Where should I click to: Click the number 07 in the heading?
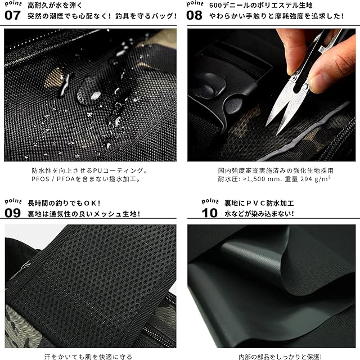pyautogui.click(x=12, y=15)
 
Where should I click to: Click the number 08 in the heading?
pyautogui.click(x=194, y=15)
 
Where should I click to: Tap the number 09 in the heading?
pyautogui.click(x=12, y=213)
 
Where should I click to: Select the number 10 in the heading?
pyautogui.click(x=210, y=213)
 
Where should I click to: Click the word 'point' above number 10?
pyautogui.click(x=210, y=201)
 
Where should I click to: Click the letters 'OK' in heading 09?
pyautogui.click(x=90, y=203)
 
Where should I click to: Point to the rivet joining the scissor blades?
pyautogui.click(x=305, y=87)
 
